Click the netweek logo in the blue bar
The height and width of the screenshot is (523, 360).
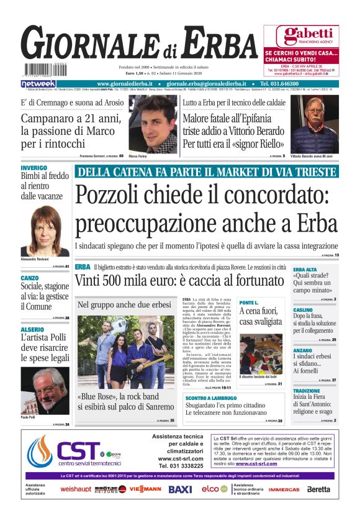click(x=38, y=83)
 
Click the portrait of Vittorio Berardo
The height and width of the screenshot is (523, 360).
click(x=314, y=124)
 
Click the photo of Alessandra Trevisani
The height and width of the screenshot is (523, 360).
click(x=45, y=230)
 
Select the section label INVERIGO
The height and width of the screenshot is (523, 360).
click(x=34, y=168)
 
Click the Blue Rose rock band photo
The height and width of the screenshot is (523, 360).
click(x=126, y=352)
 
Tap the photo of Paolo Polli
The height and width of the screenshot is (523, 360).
click(x=44, y=393)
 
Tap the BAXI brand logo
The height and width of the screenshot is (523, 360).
click(x=180, y=489)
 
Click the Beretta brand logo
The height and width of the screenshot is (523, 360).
click(x=318, y=489)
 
